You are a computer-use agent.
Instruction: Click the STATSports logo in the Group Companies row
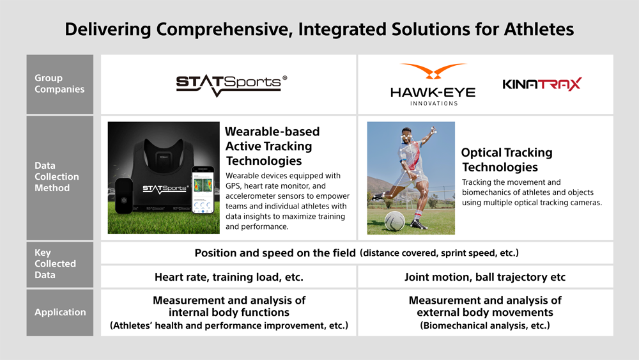click(x=231, y=85)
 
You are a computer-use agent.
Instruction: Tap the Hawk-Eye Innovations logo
click(x=433, y=84)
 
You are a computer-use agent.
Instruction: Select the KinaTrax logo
click(x=542, y=84)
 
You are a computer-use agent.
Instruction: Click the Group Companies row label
click(x=59, y=84)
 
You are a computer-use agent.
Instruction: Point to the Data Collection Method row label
click(x=57, y=176)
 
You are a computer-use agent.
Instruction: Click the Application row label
click(x=60, y=312)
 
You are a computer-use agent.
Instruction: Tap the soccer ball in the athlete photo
click(x=396, y=221)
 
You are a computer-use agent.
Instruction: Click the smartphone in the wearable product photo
click(x=203, y=189)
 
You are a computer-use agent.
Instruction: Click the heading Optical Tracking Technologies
click(x=507, y=160)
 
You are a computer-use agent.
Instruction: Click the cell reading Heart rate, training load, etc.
click(x=229, y=278)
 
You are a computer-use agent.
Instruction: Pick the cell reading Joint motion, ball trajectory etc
click(x=485, y=278)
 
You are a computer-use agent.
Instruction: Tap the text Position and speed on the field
click(x=275, y=253)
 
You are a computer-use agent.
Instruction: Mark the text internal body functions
click(x=229, y=313)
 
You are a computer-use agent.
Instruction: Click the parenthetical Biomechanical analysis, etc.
click(x=485, y=325)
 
